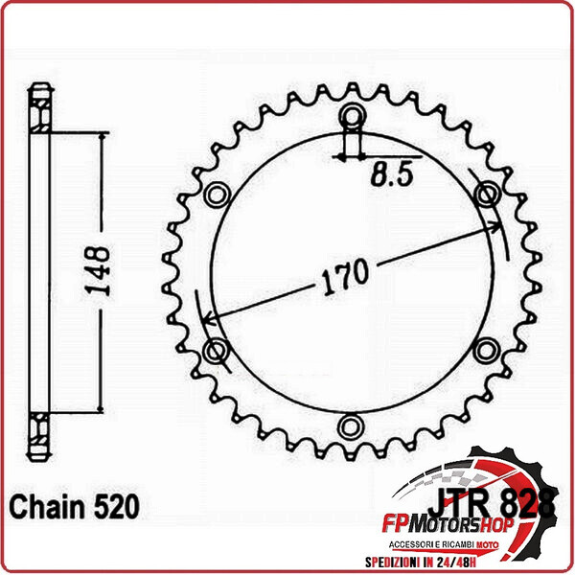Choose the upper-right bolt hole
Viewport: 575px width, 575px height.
pyautogui.click(x=489, y=195)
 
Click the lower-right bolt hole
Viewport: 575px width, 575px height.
pyautogui.click(x=489, y=349)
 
